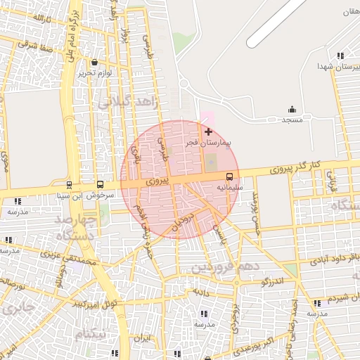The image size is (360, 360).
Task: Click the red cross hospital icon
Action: (208, 131)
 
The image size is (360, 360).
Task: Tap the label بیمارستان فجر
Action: (207, 142)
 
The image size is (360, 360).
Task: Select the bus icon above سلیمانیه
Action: (230, 176)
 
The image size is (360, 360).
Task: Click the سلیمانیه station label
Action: (230, 188)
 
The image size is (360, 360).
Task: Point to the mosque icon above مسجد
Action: (292, 109)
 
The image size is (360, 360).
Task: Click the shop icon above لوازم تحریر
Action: (94, 62)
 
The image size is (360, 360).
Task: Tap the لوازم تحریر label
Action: (94, 72)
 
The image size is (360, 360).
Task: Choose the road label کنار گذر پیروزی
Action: (296, 167)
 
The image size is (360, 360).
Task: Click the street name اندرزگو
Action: (272, 282)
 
